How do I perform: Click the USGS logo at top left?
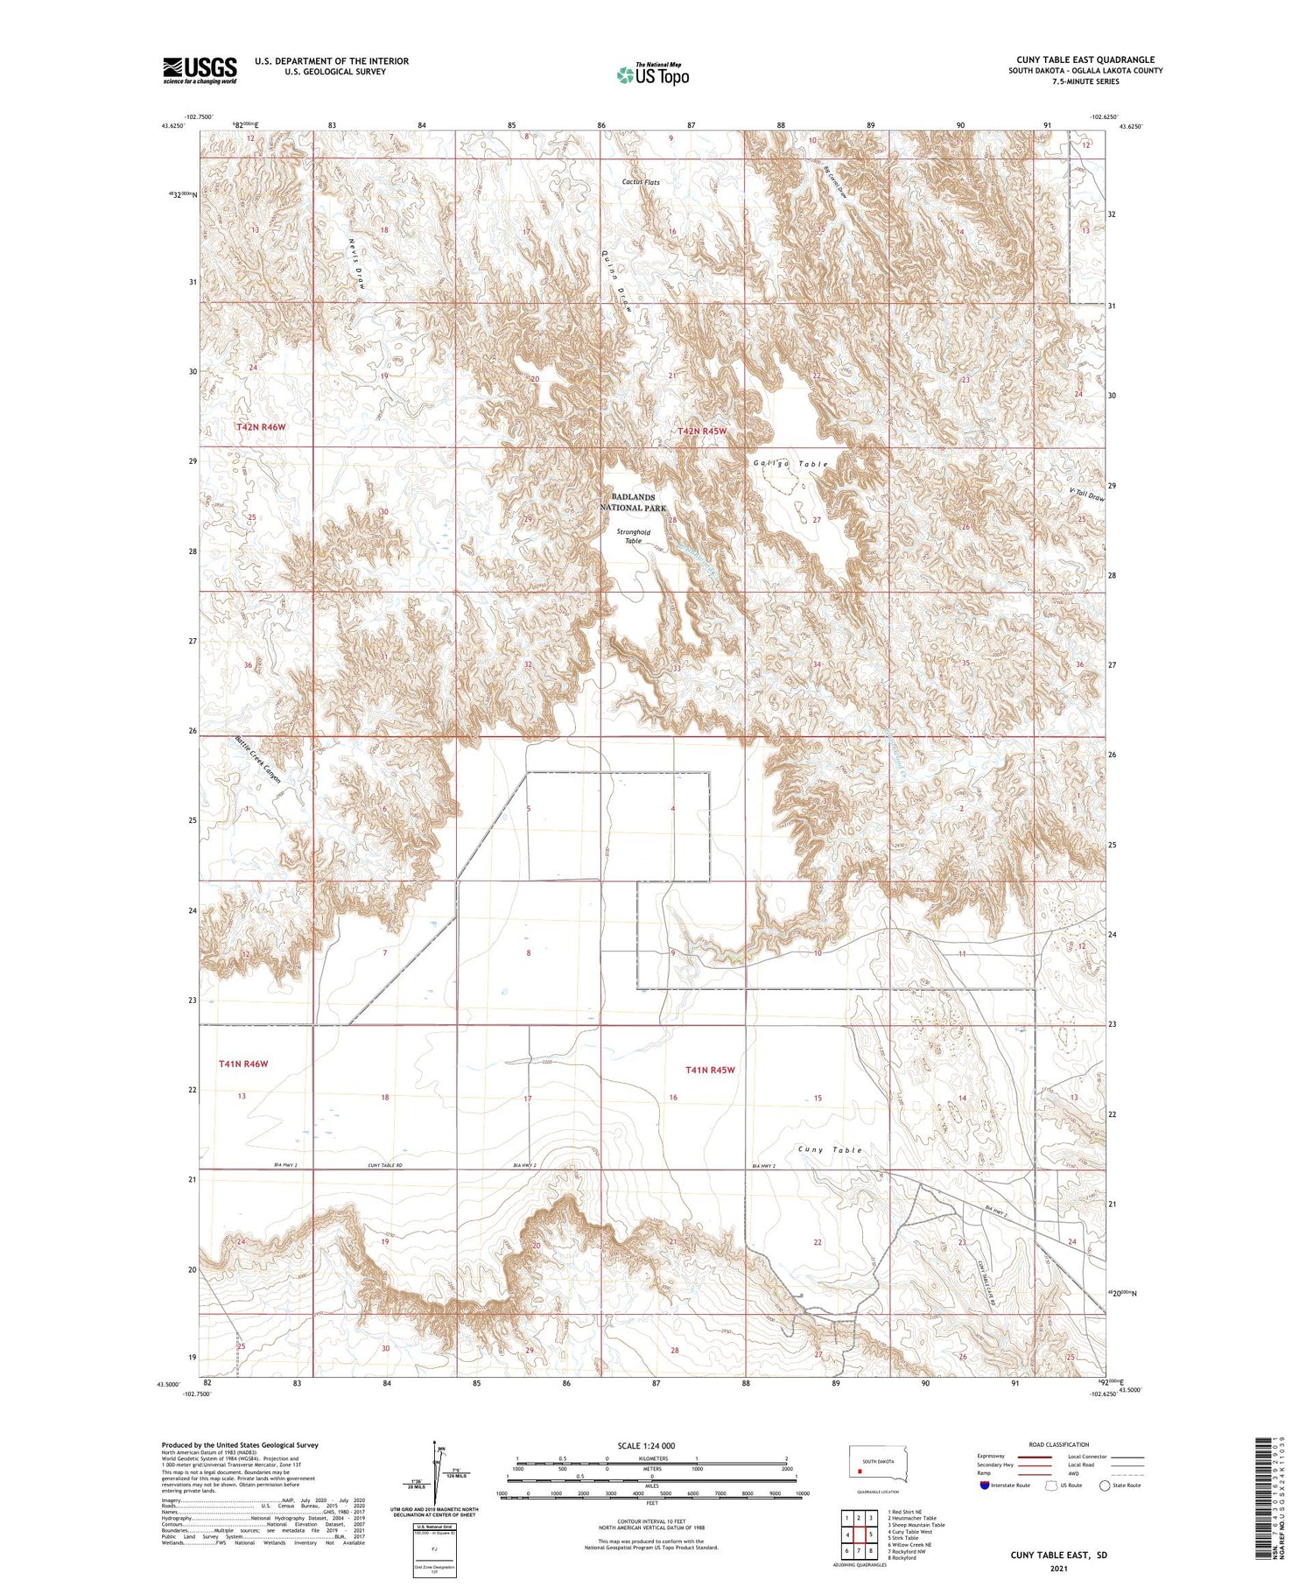click(x=200, y=70)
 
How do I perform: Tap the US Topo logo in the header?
click(x=652, y=75)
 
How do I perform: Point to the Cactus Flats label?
click(x=641, y=182)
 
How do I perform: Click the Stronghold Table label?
click(x=633, y=536)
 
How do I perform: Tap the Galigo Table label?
click(x=790, y=464)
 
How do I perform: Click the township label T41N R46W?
click(x=243, y=1064)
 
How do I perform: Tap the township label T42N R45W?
click(x=702, y=432)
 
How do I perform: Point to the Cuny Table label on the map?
click(x=830, y=1149)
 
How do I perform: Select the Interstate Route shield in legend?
click(x=985, y=1485)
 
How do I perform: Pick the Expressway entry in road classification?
click(x=995, y=1457)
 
